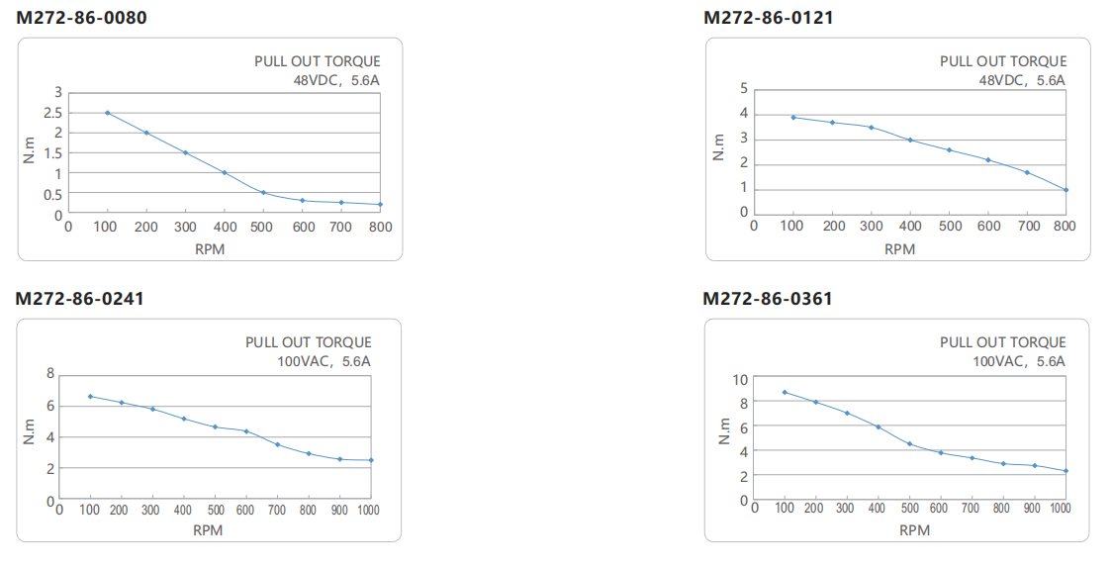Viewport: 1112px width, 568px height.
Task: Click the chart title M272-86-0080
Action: tap(81, 17)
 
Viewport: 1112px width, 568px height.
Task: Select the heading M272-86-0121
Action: tap(768, 17)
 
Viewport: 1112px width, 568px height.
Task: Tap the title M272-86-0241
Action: tap(79, 299)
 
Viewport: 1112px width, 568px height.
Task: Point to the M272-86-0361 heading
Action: tap(768, 299)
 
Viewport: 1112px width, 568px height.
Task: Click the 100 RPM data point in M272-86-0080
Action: tap(107, 113)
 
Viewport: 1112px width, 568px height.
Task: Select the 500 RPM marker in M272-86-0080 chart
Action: tap(263, 192)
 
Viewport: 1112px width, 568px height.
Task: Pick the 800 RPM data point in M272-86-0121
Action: tap(1066, 190)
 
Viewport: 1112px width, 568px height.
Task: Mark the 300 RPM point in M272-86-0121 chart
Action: tap(871, 128)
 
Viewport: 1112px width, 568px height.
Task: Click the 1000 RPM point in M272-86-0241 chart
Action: tap(371, 460)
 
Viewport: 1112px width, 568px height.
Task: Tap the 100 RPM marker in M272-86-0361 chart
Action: tap(785, 392)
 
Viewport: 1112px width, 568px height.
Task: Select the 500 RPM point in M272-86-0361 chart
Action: tap(910, 444)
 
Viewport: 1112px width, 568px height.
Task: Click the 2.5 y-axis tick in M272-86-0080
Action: tap(53, 113)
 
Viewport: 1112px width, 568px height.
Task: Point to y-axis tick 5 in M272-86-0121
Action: tap(744, 89)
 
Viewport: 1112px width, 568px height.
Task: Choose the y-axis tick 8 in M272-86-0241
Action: tap(50, 374)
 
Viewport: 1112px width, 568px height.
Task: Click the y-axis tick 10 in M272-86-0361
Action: tap(740, 380)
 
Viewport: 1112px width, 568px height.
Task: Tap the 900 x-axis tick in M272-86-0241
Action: tap(339, 510)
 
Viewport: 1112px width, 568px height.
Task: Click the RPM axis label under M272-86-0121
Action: tap(900, 249)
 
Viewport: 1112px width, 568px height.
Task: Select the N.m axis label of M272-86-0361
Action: tap(724, 431)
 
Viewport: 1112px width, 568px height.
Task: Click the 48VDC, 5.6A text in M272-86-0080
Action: tap(336, 80)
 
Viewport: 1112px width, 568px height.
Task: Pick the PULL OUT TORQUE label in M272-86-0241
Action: tap(309, 342)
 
